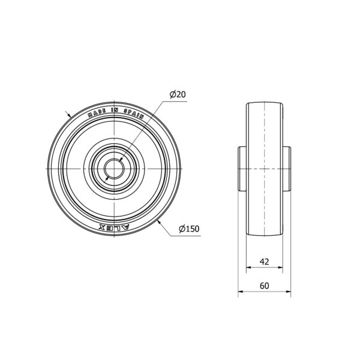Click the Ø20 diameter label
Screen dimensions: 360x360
[178, 94]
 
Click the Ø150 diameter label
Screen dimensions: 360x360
[189, 229]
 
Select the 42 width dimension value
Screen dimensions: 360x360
[264, 262]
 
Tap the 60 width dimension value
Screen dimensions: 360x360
[264, 286]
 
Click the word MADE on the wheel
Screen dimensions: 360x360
[97, 113]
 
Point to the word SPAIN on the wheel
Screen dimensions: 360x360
[134, 113]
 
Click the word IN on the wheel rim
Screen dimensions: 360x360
[115, 110]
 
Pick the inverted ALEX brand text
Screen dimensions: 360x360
[115, 227]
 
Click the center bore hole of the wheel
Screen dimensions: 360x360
[114, 169]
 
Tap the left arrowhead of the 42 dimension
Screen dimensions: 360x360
[248, 267]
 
